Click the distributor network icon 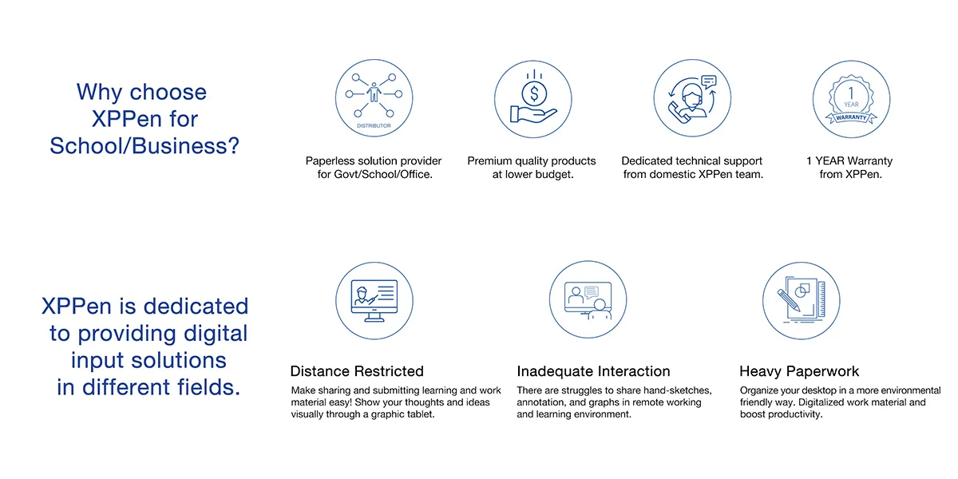click(374, 98)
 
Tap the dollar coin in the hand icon click(534, 93)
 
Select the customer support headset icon click(692, 98)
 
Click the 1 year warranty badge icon click(851, 99)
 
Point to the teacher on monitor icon click(374, 301)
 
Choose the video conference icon click(588, 300)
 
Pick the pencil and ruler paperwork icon click(801, 301)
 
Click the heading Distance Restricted click(357, 370)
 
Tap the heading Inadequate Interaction click(593, 370)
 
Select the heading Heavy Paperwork click(799, 371)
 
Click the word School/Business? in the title click(144, 146)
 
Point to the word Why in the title click(99, 92)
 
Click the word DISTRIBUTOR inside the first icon click(374, 126)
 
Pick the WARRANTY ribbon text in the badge click(851, 117)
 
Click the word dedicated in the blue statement click(196, 307)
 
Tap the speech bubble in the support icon click(709, 81)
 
